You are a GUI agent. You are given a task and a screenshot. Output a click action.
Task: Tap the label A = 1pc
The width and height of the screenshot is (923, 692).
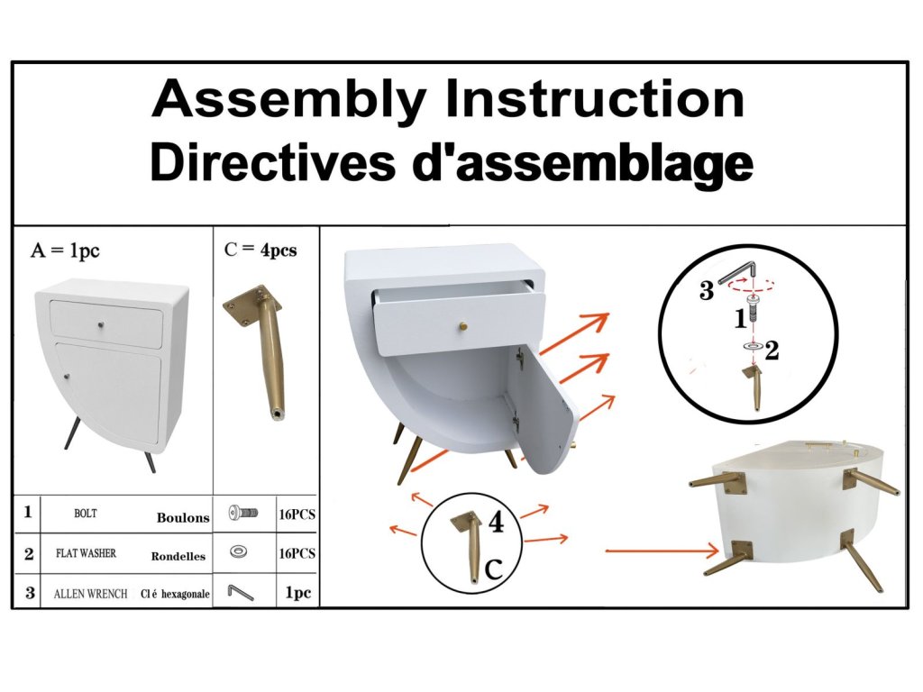pos(65,250)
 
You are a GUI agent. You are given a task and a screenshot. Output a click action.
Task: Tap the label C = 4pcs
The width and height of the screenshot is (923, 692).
pos(260,250)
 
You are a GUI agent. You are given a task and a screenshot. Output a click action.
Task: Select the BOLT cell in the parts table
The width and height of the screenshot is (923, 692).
pos(86,513)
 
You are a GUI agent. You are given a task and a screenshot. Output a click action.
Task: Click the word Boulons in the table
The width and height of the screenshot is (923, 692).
pos(183,518)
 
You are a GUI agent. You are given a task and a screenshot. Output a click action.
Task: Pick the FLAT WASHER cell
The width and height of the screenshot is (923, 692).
pos(86,553)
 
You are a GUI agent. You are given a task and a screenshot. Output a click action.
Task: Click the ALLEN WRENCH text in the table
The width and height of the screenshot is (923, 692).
pos(91,594)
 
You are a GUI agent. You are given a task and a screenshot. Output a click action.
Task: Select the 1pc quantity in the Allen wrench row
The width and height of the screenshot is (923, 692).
pos(297,593)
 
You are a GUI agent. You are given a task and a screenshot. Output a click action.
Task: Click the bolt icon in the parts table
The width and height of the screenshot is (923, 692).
pos(243,512)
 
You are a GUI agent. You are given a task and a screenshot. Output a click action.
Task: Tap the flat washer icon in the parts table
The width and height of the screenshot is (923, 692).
pos(238,551)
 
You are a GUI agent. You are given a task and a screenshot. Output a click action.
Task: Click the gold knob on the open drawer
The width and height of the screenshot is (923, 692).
pos(464,325)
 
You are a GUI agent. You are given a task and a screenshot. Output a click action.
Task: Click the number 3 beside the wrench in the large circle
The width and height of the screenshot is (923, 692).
pos(707,291)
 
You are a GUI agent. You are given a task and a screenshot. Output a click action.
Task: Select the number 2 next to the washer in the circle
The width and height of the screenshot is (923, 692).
pos(772,351)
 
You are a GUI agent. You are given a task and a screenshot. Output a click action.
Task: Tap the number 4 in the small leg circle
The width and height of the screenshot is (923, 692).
pos(497,523)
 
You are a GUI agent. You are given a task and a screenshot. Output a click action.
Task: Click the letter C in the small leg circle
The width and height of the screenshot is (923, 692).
pos(493,569)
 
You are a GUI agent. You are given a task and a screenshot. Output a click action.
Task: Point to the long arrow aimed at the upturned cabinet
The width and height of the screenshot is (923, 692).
pos(662,551)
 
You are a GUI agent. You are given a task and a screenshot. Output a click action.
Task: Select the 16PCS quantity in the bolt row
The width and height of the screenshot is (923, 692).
pos(297,514)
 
